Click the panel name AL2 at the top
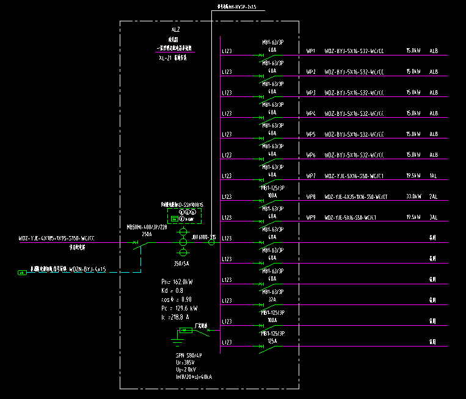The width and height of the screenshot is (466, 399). coord(176,29)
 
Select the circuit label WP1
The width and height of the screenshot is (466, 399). coord(311,51)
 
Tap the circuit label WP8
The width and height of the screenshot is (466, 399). coord(311,196)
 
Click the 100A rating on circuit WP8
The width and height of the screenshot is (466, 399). coord(272,195)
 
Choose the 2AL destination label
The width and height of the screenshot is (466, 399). coord(434,196)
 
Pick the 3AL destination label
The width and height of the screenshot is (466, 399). coord(434,217)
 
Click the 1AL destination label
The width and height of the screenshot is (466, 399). coord(434,176)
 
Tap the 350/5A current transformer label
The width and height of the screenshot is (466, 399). coord(182,264)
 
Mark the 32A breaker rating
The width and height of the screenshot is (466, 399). coord(272,299)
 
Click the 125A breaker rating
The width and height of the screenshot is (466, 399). coord(272,340)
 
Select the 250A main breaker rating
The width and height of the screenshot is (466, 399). coord(147,233)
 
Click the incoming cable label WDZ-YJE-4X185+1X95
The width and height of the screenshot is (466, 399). coord(56,238)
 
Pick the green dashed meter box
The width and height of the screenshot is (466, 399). coord(185,215)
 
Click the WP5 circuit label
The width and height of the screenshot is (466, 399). coord(311,134)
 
